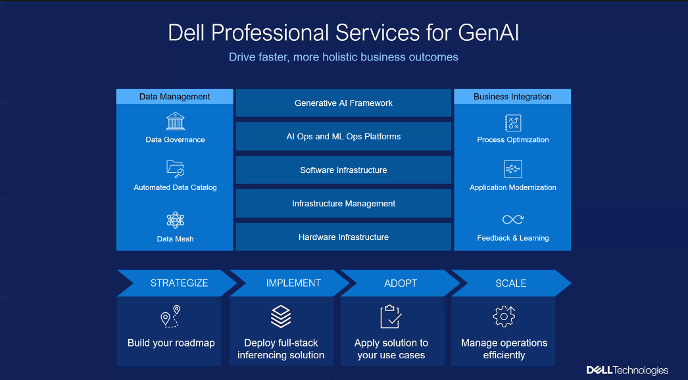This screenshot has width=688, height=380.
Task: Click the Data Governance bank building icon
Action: [175, 122]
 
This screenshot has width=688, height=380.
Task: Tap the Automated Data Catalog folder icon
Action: [175, 169]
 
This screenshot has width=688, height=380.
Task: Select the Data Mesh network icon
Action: [175, 220]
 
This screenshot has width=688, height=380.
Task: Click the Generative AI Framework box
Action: [343, 103]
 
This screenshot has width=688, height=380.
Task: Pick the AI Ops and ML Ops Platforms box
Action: [343, 137]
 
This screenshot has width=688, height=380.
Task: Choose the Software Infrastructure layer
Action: [343, 170]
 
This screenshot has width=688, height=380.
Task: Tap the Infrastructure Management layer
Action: [343, 204]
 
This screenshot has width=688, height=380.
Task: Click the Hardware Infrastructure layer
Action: [343, 237]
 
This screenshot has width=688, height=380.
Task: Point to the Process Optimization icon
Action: [512, 122]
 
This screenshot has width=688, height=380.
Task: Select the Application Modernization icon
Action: [512, 170]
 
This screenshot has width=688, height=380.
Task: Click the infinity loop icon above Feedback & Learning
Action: [512, 220]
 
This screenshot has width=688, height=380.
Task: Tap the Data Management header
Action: [175, 97]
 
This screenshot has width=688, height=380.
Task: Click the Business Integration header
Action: [512, 97]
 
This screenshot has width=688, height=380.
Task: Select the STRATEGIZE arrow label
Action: [179, 283]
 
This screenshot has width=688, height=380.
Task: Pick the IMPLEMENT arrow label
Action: [293, 283]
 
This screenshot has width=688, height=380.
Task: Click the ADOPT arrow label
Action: [401, 283]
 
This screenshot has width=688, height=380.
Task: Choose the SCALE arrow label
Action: [510, 283]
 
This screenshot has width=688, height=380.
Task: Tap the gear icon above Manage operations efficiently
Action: [504, 317]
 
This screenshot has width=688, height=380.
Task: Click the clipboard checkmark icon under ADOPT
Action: [391, 317]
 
